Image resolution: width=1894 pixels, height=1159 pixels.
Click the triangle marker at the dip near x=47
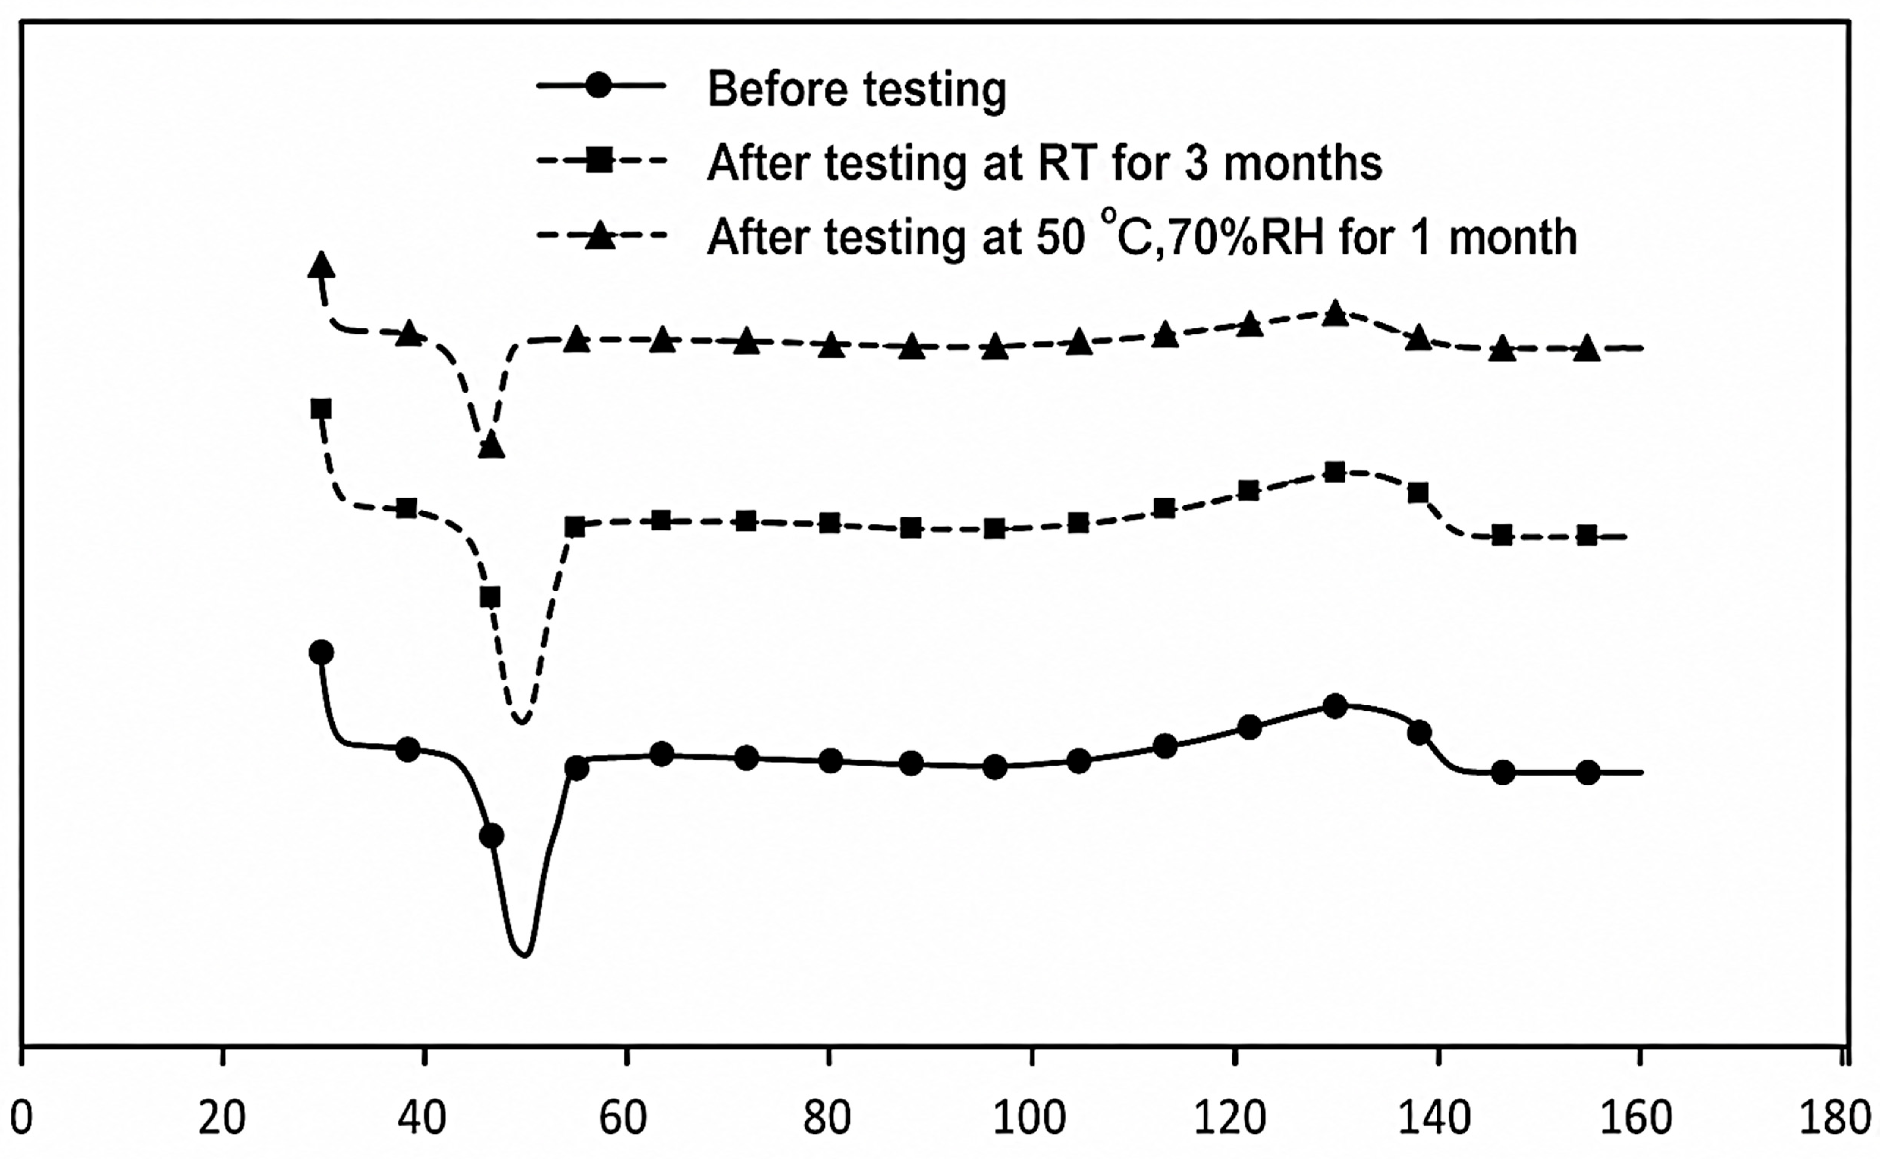490,445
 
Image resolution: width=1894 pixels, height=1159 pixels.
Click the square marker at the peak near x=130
1335,472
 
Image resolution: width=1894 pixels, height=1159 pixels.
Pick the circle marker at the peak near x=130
1335,706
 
